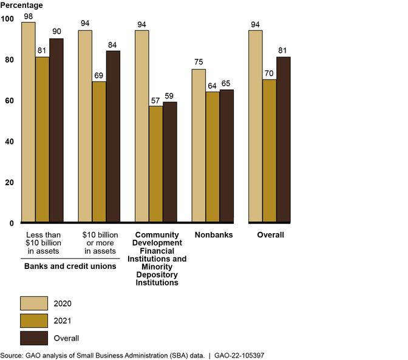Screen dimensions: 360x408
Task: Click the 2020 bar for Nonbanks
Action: click(199, 146)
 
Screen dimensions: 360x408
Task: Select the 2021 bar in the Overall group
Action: click(270, 151)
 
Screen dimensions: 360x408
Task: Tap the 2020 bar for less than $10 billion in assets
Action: click(29, 122)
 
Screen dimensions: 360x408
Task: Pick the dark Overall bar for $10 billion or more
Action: click(114, 137)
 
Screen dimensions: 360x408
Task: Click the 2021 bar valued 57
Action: click(156, 164)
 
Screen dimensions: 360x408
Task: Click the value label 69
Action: click(100, 74)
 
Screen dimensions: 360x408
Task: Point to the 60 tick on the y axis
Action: click(8, 101)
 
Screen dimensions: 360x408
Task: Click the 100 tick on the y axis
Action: click(7, 19)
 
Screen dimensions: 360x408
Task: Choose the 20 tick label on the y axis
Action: click(8, 182)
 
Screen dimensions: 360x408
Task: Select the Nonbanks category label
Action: click(213, 235)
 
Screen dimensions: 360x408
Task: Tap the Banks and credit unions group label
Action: click(70, 266)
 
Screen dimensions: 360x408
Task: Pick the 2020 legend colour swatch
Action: click(34, 303)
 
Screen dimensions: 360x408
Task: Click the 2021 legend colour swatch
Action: click(34, 321)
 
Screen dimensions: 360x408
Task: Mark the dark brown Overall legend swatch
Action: click(34, 338)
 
